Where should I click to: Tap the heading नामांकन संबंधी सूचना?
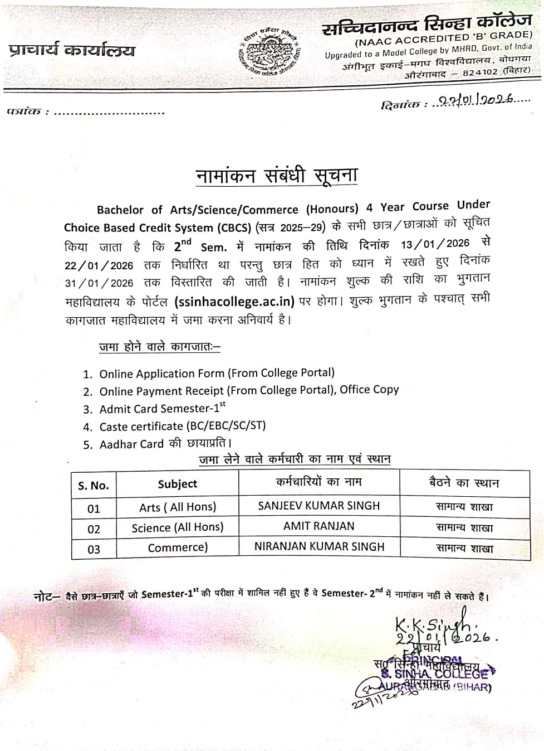coord(277,176)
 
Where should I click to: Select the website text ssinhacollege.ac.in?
coord(234,302)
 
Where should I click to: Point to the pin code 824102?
coord(479,72)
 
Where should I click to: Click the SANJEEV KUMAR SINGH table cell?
coord(319,506)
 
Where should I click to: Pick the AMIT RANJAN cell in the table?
coord(319,526)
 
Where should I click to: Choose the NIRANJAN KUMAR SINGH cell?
coord(319,547)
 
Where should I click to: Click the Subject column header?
coord(177,484)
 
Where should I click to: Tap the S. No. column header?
coord(94,486)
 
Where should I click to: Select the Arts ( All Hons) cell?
coord(177,507)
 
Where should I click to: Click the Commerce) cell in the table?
coord(177,548)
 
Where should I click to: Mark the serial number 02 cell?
coord(94,529)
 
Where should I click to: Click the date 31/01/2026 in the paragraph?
coord(99,283)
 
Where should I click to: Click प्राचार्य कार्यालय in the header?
coord(72,51)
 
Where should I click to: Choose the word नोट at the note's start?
coord(44,597)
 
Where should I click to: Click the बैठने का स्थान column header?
coord(464,483)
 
